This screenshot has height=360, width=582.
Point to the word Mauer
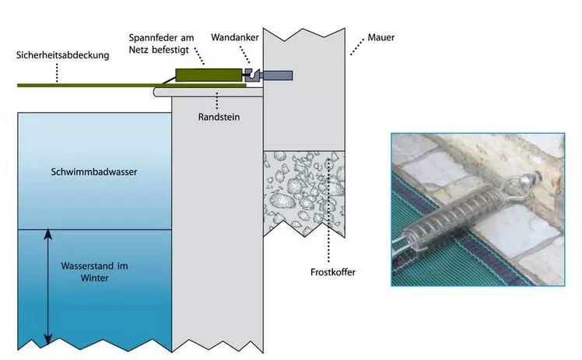click(x=378, y=37)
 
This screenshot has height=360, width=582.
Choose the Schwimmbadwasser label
click(x=93, y=172)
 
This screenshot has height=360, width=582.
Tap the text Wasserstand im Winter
click(x=94, y=271)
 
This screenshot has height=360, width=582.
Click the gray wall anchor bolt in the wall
click(x=278, y=75)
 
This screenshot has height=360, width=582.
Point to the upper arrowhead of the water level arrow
click(x=48, y=232)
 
